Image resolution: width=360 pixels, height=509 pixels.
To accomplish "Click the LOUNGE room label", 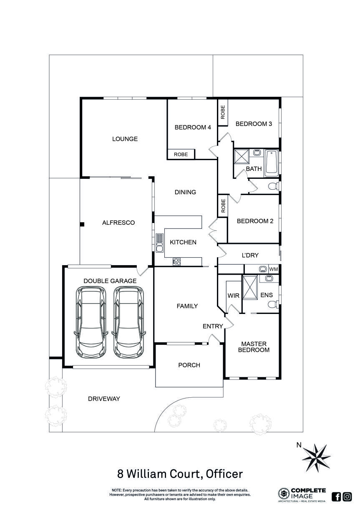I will point(125,139).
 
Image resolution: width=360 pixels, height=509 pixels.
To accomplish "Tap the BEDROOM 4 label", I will point(192,128).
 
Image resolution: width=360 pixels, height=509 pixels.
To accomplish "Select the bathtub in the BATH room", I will point(271,162).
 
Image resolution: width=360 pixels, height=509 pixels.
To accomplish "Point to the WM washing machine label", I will point(273,269).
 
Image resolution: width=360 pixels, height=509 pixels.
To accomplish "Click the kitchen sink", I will point(159,243).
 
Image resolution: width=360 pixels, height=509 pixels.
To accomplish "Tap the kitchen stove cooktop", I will point(177,262).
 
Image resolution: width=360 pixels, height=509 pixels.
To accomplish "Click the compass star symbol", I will point(316,456).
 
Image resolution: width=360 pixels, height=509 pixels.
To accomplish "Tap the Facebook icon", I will point(336,496).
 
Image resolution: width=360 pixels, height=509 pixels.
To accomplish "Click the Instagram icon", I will point(347,496).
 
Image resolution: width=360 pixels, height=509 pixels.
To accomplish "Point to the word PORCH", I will point(189,365).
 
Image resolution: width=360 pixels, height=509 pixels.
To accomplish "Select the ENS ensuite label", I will point(266,295).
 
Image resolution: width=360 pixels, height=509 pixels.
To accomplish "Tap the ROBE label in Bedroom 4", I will point(181,154).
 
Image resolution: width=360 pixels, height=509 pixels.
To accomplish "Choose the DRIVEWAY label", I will point(104,399).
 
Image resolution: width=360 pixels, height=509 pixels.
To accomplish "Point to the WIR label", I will point(233,296).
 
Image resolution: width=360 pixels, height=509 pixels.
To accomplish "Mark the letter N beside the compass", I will point(299,445).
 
